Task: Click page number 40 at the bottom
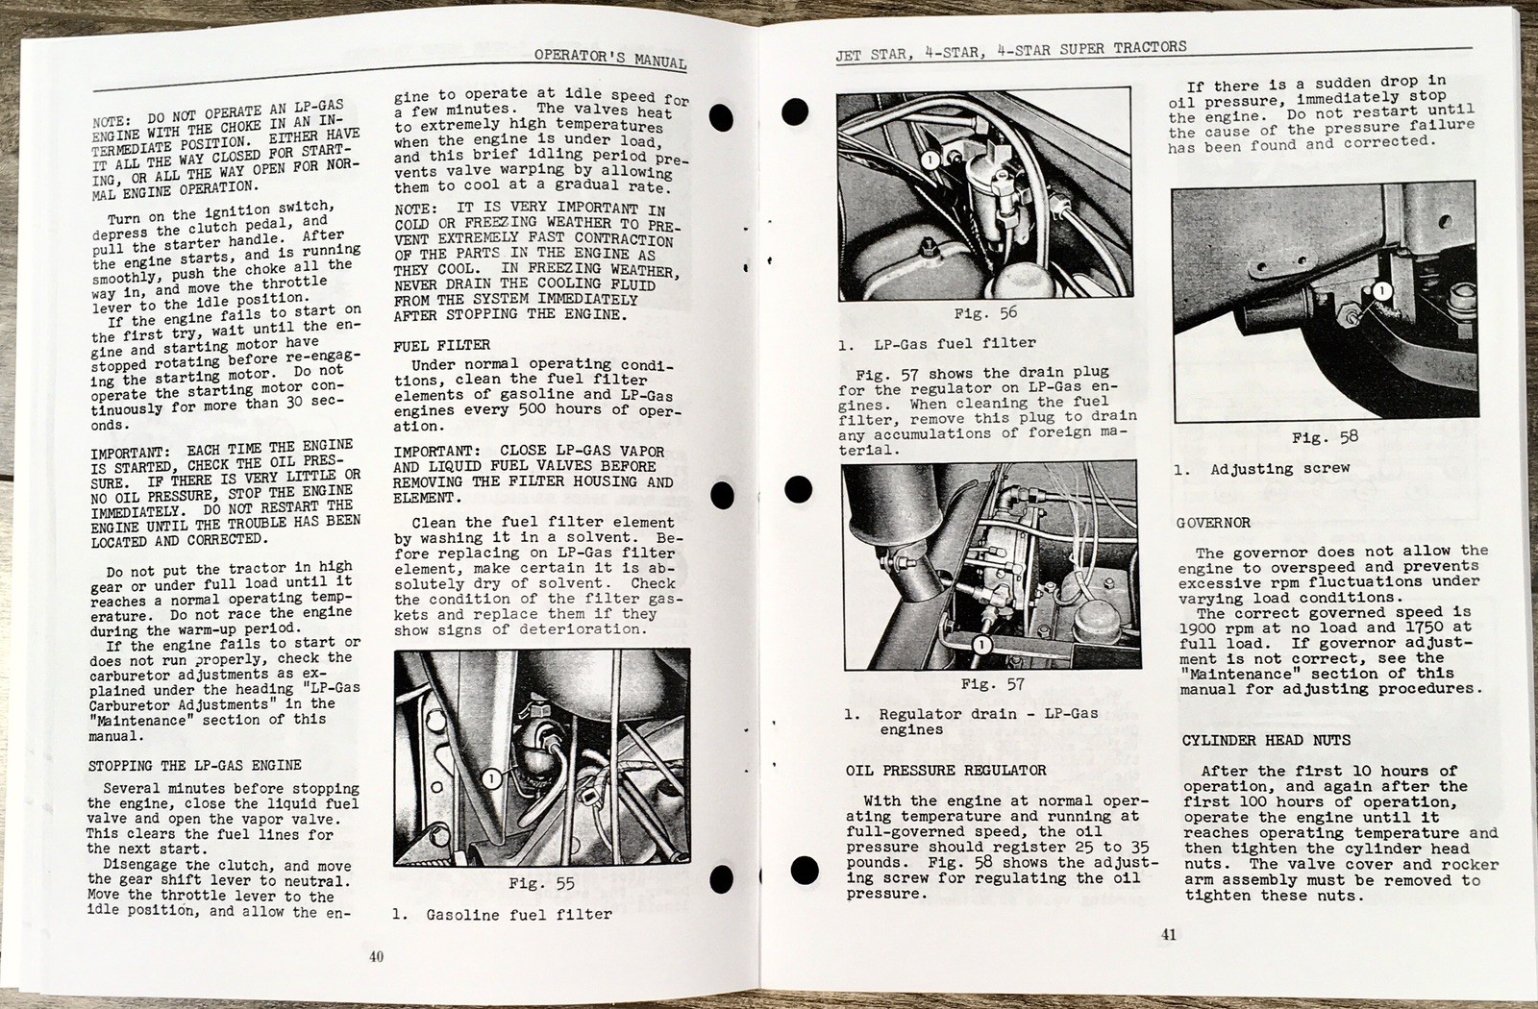pyautogui.click(x=376, y=956)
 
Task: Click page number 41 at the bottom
pyautogui.click(x=1168, y=934)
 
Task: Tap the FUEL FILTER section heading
pyautogui.click(x=441, y=345)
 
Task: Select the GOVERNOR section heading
pyautogui.click(x=1213, y=523)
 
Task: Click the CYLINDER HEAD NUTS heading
pyautogui.click(x=1266, y=740)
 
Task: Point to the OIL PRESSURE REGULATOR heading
pyautogui.click(x=946, y=770)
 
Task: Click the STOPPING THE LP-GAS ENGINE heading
pyautogui.click(x=194, y=766)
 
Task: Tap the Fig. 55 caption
pyautogui.click(x=541, y=883)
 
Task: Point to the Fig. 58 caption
pyautogui.click(x=1325, y=437)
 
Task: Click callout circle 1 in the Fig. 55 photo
pyautogui.click(x=491, y=778)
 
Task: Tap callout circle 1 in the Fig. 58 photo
pyautogui.click(x=1381, y=290)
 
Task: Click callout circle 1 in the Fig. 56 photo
pyautogui.click(x=930, y=160)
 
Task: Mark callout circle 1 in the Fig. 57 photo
pyautogui.click(x=981, y=645)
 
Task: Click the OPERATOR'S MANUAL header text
pyautogui.click(x=609, y=59)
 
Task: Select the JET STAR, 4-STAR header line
pyautogui.click(x=1010, y=51)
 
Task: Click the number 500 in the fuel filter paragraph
pyautogui.click(x=533, y=409)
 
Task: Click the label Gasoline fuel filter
pyautogui.click(x=519, y=915)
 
